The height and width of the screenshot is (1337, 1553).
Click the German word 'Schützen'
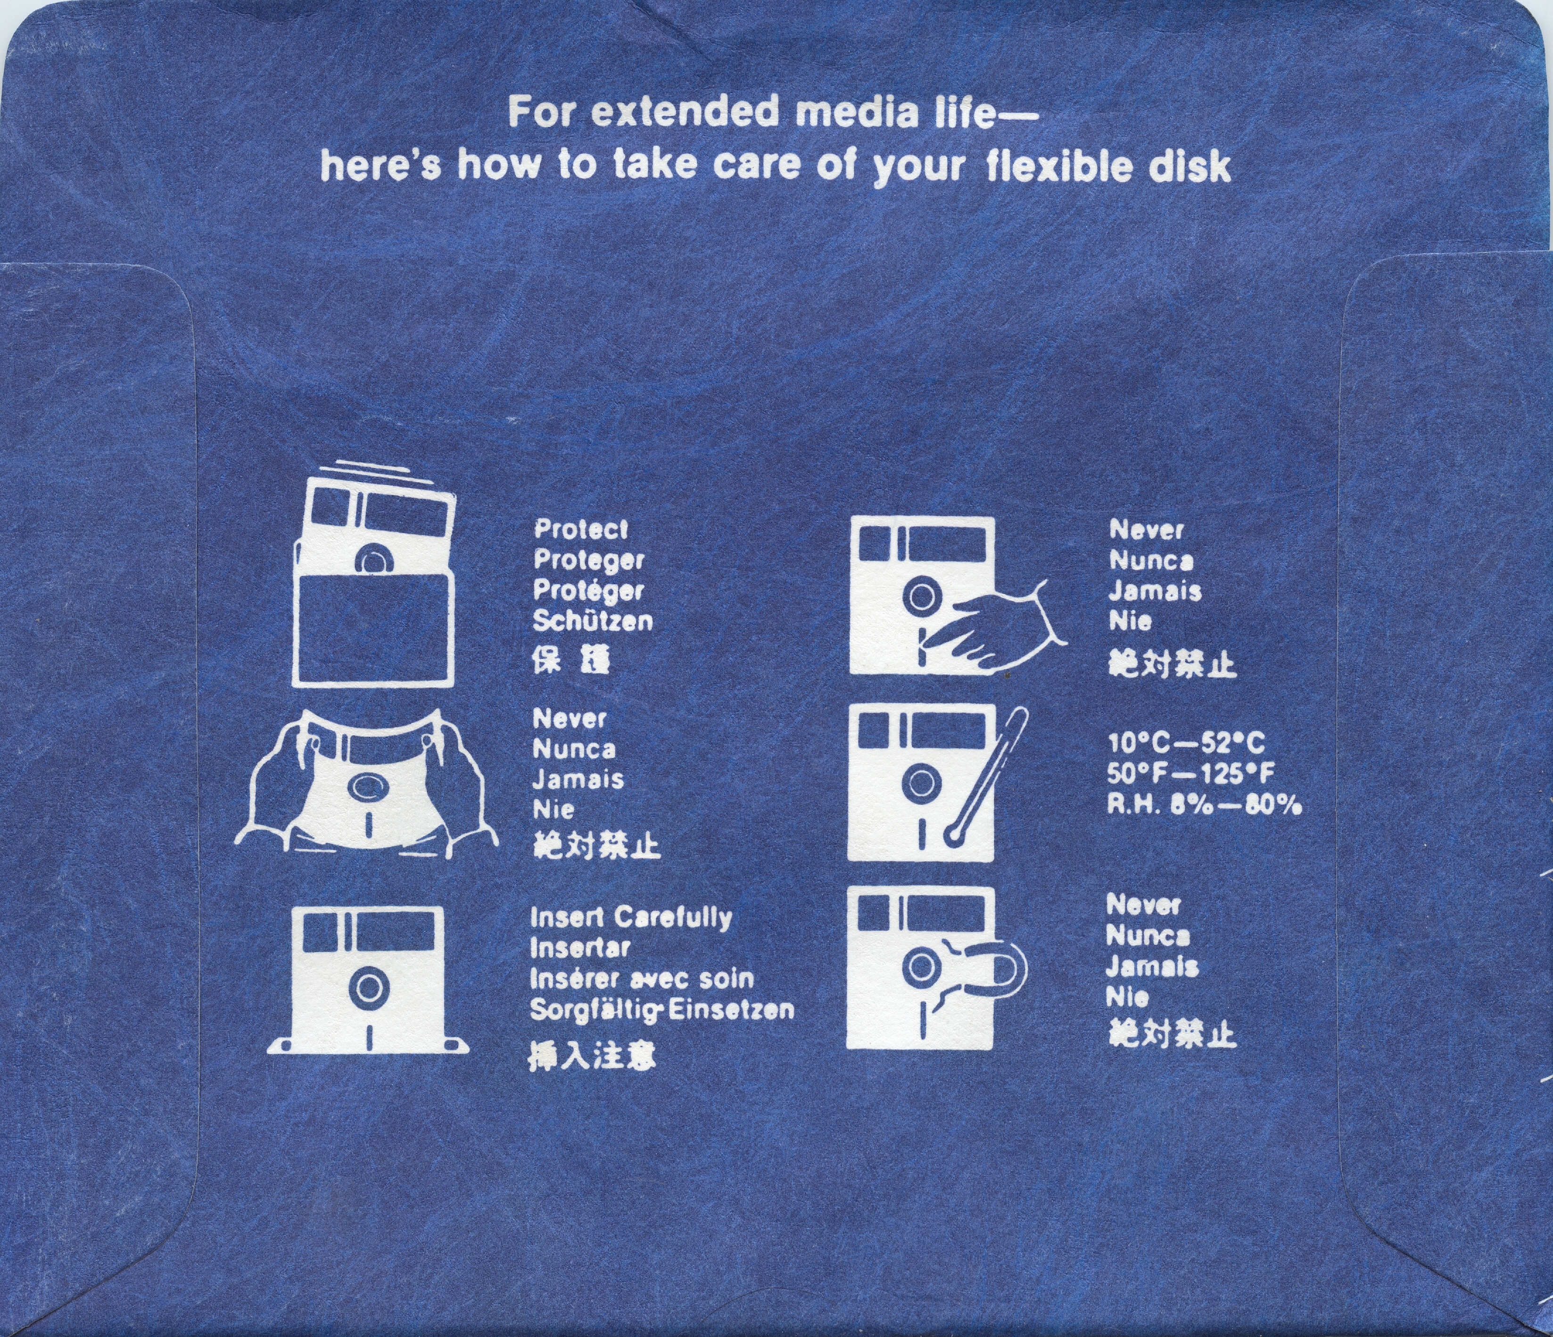click(x=592, y=621)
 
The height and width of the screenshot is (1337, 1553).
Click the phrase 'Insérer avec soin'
click(x=642, y=979)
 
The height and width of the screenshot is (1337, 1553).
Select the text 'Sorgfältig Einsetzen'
click(x=662, y=1010)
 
